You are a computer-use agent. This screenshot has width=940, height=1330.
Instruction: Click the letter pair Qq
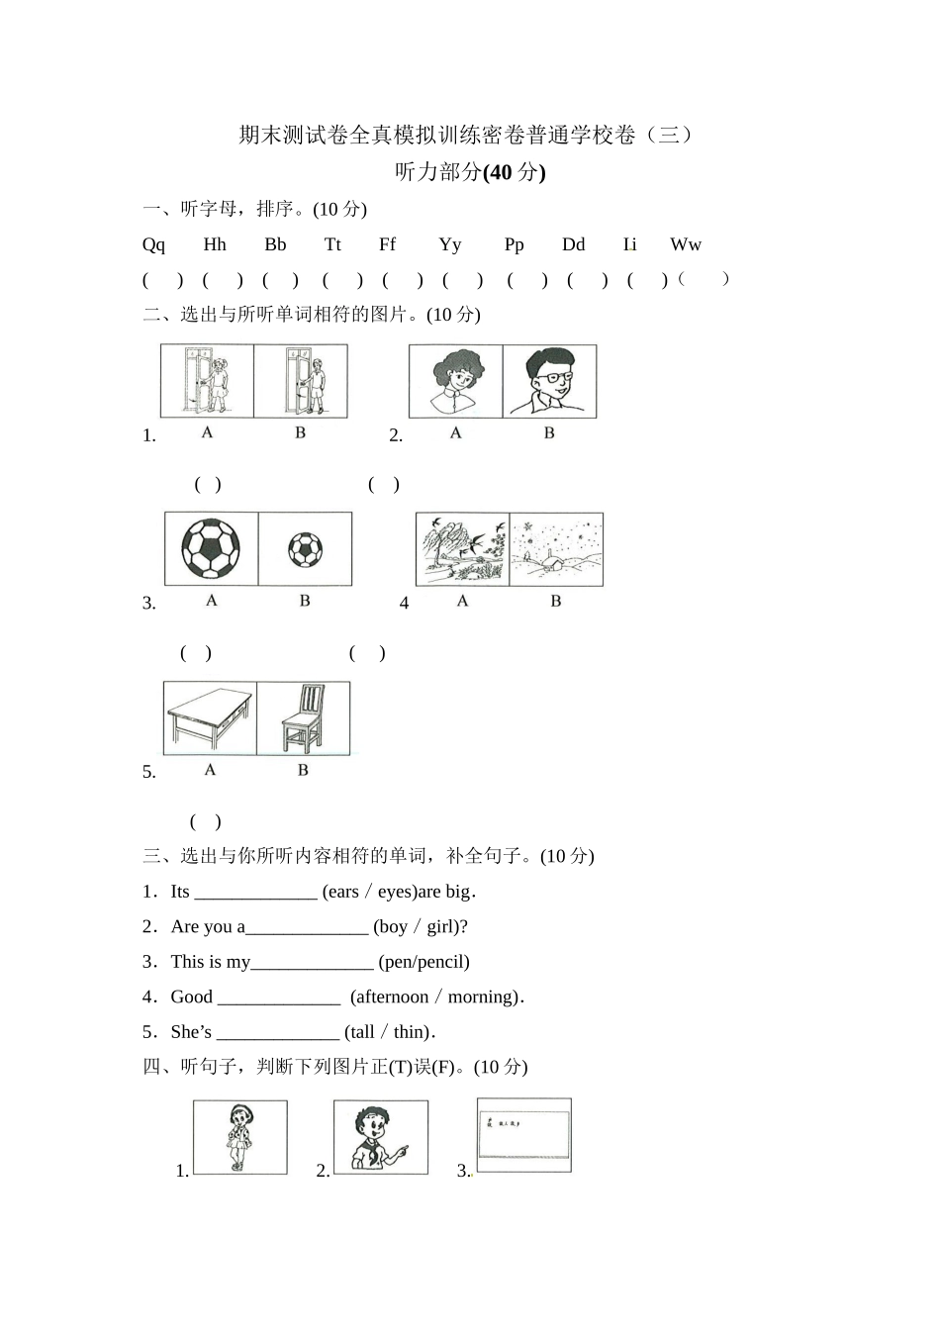point(153,244)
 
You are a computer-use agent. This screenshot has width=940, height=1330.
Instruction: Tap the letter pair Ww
point(685,244)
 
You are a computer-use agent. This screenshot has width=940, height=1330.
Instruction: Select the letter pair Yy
point(450,244)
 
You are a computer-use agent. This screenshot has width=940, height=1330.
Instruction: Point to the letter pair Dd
point(573,244)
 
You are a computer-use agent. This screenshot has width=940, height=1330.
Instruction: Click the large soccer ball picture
point(211,548)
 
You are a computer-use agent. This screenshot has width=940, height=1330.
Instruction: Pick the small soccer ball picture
point(305,549)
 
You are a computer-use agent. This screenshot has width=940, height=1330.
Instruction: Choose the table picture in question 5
point(210,717)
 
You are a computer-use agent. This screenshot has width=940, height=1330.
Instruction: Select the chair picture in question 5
point(303,717)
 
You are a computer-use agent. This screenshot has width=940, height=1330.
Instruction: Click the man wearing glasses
point(549,381)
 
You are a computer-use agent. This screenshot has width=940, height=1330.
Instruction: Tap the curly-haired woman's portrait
point(456,381)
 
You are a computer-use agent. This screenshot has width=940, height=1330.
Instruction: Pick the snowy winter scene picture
point(556,549)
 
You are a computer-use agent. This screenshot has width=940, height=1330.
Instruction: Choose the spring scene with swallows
point(462,549)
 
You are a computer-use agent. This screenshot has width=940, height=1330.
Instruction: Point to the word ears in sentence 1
point(342,892)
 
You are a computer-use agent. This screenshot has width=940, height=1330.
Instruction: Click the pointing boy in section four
point(381,1137)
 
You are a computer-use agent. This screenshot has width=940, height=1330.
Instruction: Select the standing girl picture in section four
point(239,1137)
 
